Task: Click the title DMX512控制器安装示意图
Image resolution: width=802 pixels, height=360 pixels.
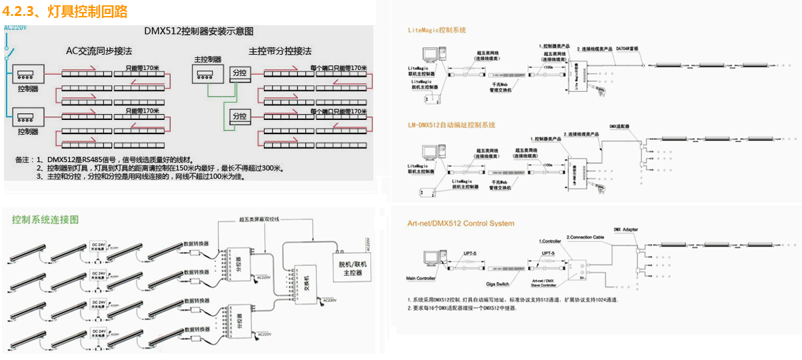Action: [199, 31]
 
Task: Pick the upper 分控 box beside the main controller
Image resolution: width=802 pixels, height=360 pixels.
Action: [239, 72]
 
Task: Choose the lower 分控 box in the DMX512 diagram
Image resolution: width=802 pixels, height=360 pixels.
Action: [239, 116]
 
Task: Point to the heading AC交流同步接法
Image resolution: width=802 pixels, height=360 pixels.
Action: [99, 51]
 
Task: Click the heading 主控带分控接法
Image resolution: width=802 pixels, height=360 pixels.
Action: [280, 51]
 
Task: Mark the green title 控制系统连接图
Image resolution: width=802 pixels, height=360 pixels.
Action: [45, 219]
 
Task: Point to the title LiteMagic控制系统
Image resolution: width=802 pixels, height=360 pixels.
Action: [437, 30]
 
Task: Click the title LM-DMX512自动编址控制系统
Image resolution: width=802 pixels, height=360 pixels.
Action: [451, 125]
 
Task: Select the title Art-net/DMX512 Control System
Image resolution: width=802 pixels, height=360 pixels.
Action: [461, 223]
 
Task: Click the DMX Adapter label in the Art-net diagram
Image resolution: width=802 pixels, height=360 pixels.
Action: [625, 229]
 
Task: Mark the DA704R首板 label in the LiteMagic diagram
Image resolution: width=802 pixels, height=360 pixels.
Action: [627, 49]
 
